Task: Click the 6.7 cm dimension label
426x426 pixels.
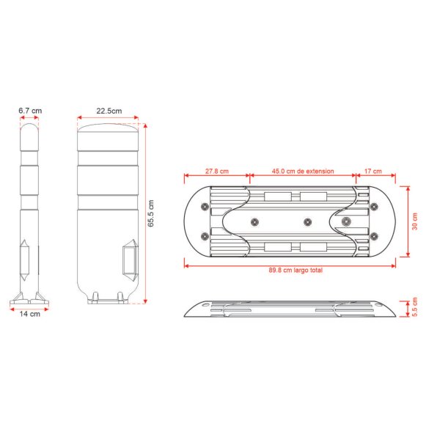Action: click(x=30, y=111)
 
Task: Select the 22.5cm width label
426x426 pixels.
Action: click(x=109, y=111)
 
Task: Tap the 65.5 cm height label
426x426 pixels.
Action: click(x=151, y=213)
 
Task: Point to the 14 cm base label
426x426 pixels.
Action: click(x=29, y=314)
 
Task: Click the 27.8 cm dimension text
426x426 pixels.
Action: click(x=217, y=171)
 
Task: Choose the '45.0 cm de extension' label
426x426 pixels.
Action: click(x=303, y=171)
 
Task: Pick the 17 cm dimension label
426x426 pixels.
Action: click(x=372, y=171)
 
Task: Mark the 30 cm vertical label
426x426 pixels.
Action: click(x=414, y=221)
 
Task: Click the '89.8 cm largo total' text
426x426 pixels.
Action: click(x=295, y=270)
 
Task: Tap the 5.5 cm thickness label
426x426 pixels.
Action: click(x=414, y=306)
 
